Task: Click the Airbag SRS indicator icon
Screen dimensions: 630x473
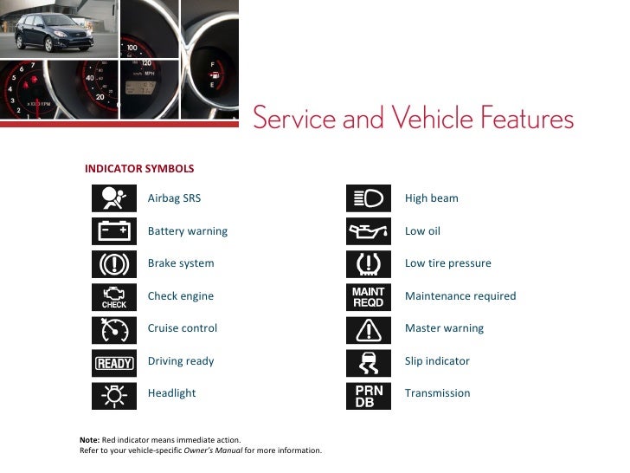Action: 114,198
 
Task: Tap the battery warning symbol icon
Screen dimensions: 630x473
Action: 114,231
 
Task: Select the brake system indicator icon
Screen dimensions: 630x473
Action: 114,263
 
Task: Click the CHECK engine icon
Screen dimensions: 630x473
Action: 114,296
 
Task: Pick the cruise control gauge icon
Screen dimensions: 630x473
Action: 114,329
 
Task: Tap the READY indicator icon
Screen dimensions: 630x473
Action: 114,362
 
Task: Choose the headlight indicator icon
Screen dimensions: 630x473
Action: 114,394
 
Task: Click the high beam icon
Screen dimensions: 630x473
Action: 369,198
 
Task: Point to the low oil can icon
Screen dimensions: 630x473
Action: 369,231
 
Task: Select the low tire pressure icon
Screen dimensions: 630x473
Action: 369,263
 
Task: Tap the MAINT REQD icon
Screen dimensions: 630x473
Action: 369,296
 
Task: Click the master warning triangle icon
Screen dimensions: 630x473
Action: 369,329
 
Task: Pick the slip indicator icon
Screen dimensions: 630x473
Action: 369,362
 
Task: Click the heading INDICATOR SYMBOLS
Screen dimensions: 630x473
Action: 138,168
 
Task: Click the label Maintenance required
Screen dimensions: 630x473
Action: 460,296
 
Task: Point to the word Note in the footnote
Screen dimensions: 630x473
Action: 88,440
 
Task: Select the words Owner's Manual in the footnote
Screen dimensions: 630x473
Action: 214,450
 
